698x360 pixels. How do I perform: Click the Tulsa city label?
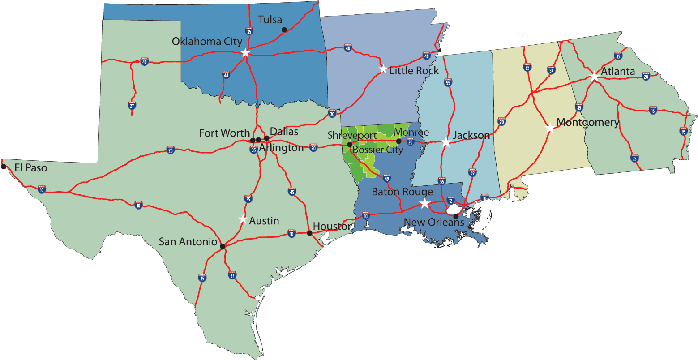[x=270, y=20]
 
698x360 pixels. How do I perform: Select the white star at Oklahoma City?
[x=245, y=53]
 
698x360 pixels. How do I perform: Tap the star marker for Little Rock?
[x=383, y=69]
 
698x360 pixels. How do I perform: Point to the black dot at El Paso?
[x=4, y=167]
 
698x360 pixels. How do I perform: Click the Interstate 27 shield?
[x=132, y=105]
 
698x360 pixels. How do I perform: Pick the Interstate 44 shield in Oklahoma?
[x=227, y=75]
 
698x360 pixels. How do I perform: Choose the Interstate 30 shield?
[x=332, y=114]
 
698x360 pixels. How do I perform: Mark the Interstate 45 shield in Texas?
[x=292, y=191]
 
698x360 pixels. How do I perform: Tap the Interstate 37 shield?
[x=232, y=275]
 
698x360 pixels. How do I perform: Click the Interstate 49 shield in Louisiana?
[x=387, y=178]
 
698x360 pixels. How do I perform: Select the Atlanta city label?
[x=618, y=72]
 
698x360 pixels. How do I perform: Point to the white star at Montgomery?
[x=550, y=128]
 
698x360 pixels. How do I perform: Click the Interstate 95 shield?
[x=683, y=131]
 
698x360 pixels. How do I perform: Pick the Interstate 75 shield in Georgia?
[x=634, y=158]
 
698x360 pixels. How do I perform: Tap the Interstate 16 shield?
[x=653, y=110]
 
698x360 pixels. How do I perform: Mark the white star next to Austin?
[x=243, y=219]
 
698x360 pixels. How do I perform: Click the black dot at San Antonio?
[x=222, y=246]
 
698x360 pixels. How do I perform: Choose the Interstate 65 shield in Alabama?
[x=527, y=67]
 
